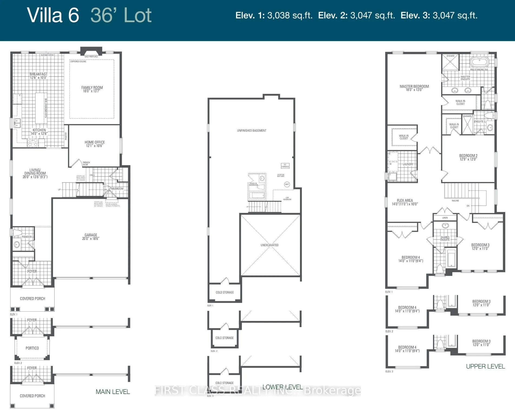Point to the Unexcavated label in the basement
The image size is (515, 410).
coord(269,245)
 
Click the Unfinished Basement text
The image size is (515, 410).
coord(252,131)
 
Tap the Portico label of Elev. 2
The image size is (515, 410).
coord(32,348)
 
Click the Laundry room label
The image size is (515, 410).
coord(408,164)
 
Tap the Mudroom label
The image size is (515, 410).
coord(117,189)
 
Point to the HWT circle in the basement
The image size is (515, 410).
coord(287,184)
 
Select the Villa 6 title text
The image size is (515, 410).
coord(53,15)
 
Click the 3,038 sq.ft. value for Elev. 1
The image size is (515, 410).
coord(290,15)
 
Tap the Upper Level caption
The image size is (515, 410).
coord(485,366)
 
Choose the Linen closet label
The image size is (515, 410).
coord(445,218)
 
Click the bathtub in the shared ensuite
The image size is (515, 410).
coord(451,259)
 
